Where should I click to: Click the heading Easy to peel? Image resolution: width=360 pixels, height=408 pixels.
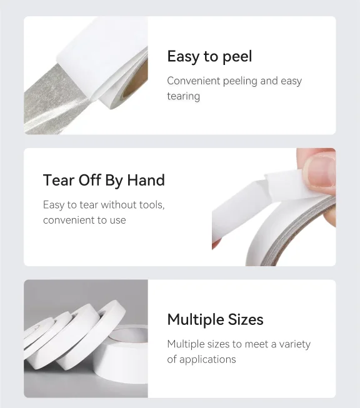click(209, 57)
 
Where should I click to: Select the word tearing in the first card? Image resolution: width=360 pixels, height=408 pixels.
click(183, 96)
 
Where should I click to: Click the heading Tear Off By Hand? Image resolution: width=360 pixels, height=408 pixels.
click(104, 181)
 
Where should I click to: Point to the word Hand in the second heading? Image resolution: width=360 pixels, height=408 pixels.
click(146, 181)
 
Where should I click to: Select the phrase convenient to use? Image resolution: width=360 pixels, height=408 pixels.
click(84, 220)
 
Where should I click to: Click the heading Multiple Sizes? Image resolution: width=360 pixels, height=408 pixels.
click(215, 320)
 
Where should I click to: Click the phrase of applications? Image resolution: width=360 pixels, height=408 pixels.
click(201, 359)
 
